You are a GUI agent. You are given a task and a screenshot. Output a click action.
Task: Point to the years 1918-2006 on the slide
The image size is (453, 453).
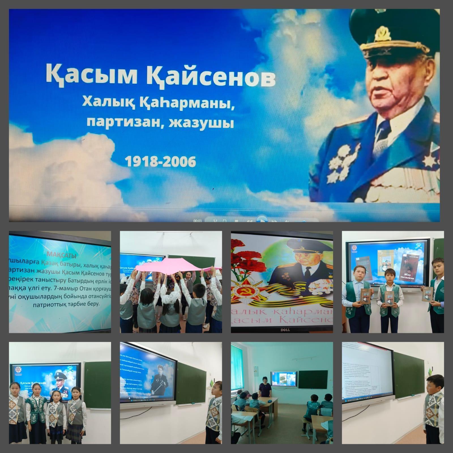(161, 162)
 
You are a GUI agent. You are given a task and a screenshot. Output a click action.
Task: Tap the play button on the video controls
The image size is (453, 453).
(262, 220)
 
